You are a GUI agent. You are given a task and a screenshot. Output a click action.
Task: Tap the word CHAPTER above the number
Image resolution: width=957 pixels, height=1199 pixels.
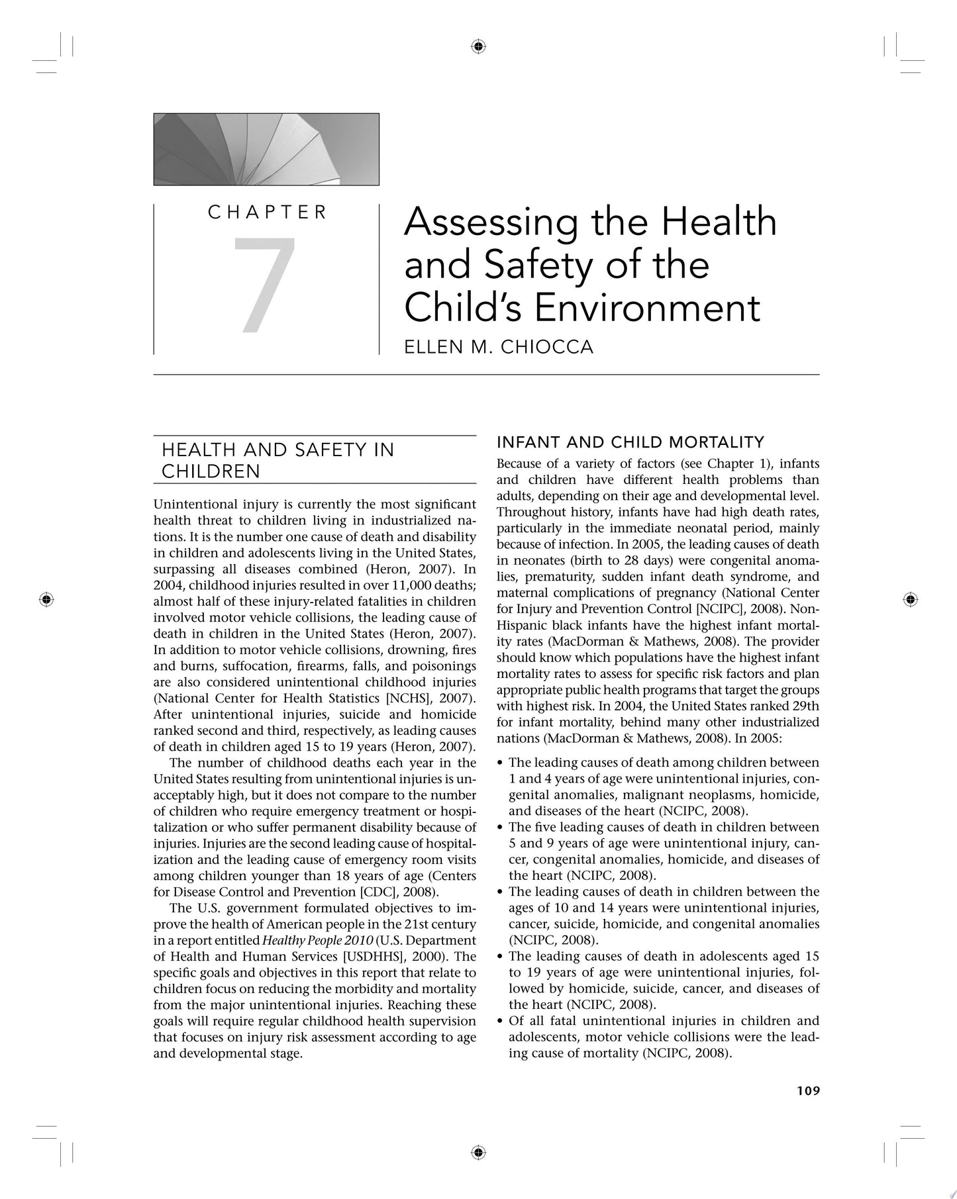coord(267,213)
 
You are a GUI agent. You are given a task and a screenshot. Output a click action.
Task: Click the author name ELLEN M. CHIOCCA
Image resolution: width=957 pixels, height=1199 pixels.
coord(498,347)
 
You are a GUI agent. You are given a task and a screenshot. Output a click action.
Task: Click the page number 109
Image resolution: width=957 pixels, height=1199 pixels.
coord(807,1090)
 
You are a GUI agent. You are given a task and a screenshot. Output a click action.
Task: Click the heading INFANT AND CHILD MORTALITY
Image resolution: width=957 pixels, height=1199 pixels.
coord(630,442)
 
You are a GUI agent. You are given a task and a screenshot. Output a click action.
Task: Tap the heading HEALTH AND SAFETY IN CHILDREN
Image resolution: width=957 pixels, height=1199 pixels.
coord(278,460)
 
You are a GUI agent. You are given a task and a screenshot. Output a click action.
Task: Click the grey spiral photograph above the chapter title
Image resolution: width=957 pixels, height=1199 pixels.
coord(266,149)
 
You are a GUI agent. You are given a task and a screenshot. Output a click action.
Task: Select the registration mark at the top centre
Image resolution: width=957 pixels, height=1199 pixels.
coord(479,46)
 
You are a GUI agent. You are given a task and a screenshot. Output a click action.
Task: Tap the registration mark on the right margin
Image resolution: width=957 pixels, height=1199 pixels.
coord(910,599)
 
